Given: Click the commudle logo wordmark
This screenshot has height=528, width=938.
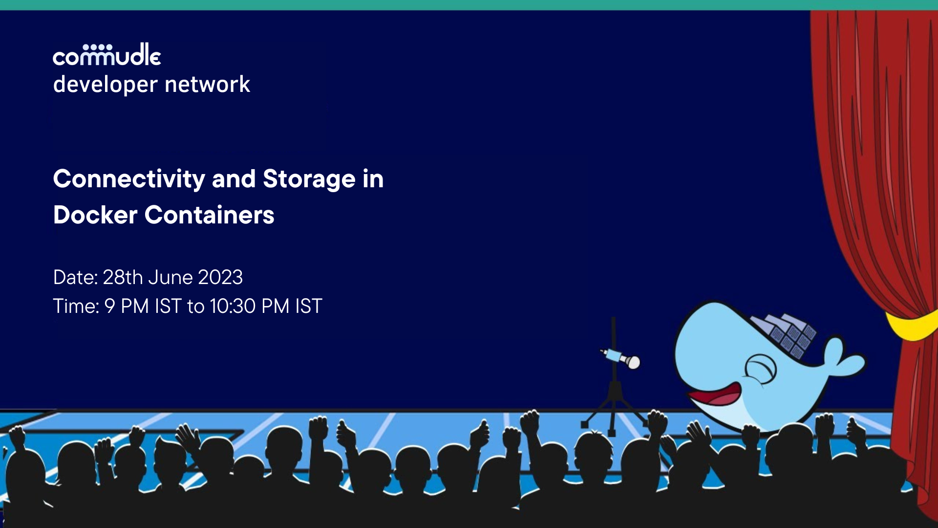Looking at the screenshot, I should [x=107, y=55].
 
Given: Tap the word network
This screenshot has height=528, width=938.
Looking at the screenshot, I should [x=208, y=85].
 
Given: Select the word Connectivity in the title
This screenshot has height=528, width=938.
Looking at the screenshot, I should [x=129, y=179].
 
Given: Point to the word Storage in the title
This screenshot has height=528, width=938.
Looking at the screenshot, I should [x=309, y=179].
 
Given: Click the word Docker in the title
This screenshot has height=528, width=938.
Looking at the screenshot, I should [x=95, y=215].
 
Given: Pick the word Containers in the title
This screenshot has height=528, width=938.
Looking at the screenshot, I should [x=209, y=215].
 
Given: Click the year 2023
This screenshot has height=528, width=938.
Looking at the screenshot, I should [x=220, y=278].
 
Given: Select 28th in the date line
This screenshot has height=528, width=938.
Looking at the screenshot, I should [x=122, y=278].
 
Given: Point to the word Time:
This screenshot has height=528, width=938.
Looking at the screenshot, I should [x=76, y=307].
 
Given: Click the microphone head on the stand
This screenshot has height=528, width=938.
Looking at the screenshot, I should [x=633, y=362].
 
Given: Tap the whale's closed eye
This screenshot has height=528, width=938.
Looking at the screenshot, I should [x=760, y=369].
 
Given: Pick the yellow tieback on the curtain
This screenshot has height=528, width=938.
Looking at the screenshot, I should [x=911, y=325].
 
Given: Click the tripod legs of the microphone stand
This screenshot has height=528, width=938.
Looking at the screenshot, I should [x=613, y=413].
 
